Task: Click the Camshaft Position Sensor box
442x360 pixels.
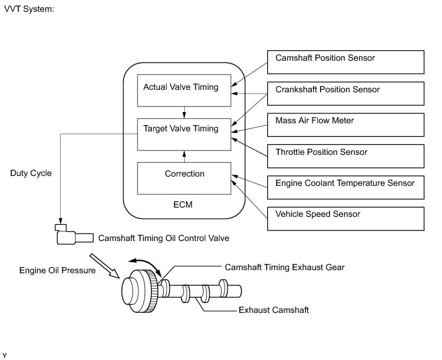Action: click(x=345, y=62)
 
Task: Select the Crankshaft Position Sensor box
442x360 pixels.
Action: click(x=345, y=94)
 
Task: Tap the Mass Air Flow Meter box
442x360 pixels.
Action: click(x=345, y=125)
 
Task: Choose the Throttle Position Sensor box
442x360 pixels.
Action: click(x=345, y=156)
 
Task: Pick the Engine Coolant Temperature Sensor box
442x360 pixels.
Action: click(x=345, y=187)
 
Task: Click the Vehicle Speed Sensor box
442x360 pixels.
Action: click(x=345, y=219)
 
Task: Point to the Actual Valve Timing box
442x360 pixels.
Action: click(x=184, y=90)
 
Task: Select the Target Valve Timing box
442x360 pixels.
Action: click(x=184, y=134)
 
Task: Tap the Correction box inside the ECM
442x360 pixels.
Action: click(x=184, y=178)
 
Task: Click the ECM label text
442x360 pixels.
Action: click(x=183, y=204)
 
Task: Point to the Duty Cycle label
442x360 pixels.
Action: click(x=31, y=173)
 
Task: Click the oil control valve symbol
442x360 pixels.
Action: click(x=74, y=234)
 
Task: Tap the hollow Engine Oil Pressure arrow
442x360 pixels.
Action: click(x=104, y=266)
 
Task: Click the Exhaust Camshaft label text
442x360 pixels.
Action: click(x=274, y=310)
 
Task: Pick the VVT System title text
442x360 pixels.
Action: click(x=29, y=9)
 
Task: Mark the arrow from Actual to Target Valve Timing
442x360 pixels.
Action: click(x=184, y=112)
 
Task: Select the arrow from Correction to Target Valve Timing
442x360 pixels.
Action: click(x=184, y=156)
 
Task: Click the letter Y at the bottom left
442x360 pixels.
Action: click(x=4, y=356)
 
